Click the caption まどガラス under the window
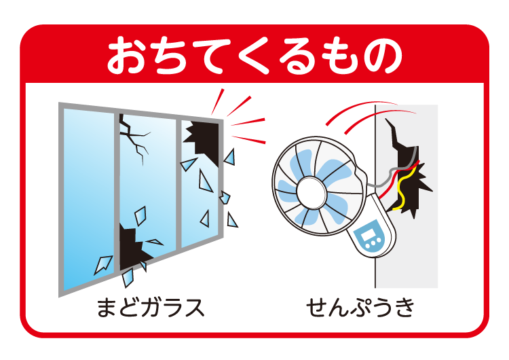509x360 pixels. point(150,308)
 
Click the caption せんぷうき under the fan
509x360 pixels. point(360,308)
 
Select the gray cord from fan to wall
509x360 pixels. point(387,178)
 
